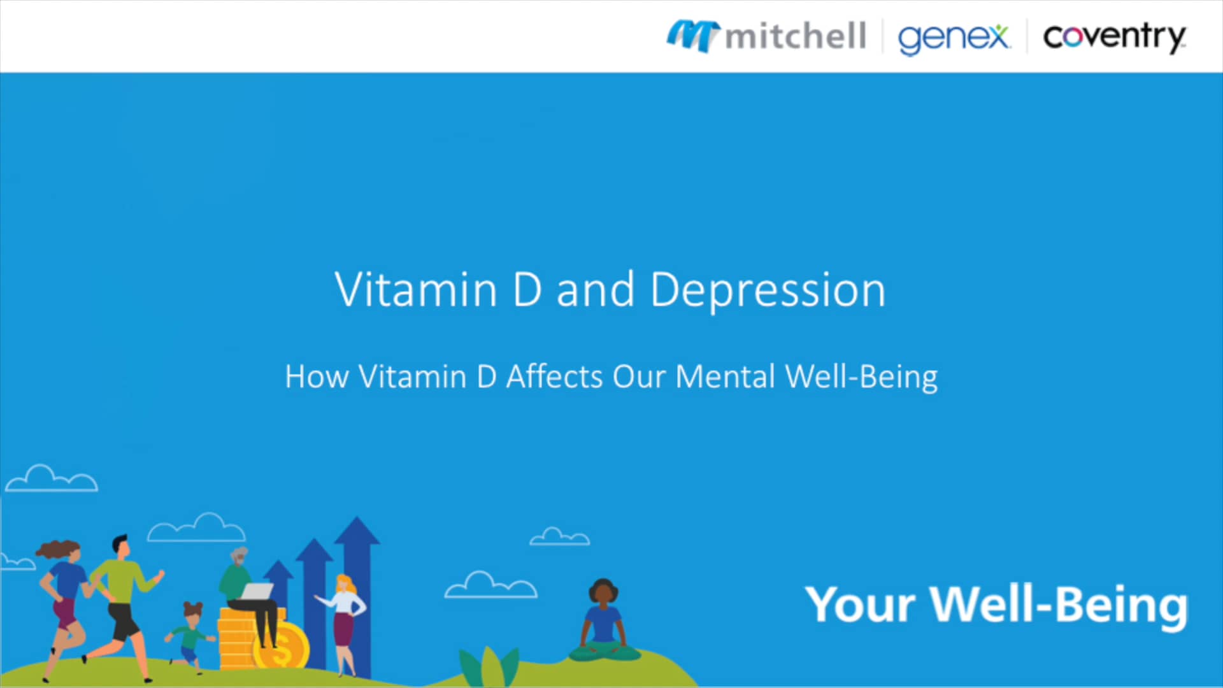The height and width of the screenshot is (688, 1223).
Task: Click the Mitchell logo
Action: tap(766, 36)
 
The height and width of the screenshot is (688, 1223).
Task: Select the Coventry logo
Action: tap(1114, 37)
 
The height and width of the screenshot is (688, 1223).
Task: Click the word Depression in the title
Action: tap(768, 290)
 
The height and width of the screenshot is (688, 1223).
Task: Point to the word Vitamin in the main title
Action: tap(415, 290)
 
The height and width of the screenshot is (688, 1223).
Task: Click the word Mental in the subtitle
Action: tap(725, 376)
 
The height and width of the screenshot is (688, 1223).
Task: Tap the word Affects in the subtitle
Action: tap(554, 376)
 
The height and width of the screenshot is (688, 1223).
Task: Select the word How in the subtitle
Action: tap(317, 376)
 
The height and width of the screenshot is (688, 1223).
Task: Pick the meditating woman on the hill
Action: tap(603, 621)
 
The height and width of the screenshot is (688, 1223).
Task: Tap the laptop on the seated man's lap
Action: tap(257, 591)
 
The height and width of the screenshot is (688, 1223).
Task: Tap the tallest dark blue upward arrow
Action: tap(357, 586)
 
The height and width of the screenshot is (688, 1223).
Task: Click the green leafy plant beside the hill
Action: tap(489, 666)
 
